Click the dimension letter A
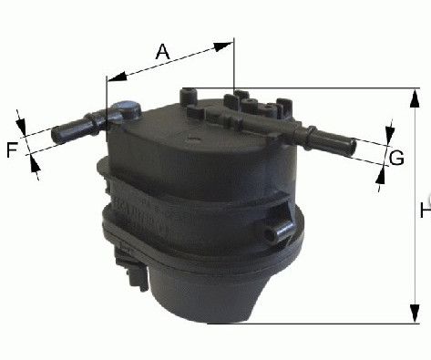pyautogui.click(x=162, y=52)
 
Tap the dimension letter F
pyautogui.click(x=12, y=150)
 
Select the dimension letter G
pyautogui.click(x=396, y=158)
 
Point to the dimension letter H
pyautogui.click(x=426, y=211)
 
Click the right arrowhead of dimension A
pyautogui.click(x=223, y=46)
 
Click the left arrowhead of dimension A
pyautogui.click(x=118, y=77)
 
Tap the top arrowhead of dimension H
pyautogui.click(x=415, y=98)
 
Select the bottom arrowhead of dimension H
pyautogui.click(x=415, y=314)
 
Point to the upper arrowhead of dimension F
pyautogui.click(x=21, y=126)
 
